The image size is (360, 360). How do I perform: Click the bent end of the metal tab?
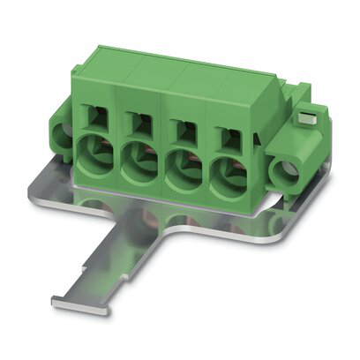click(79, 304)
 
